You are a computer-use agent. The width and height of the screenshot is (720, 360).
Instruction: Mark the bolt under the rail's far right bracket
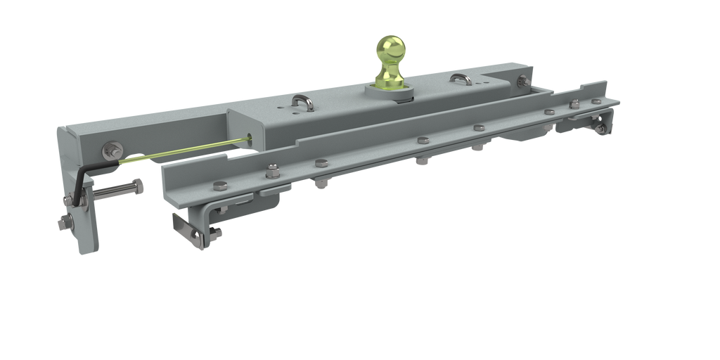click(601, 127)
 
